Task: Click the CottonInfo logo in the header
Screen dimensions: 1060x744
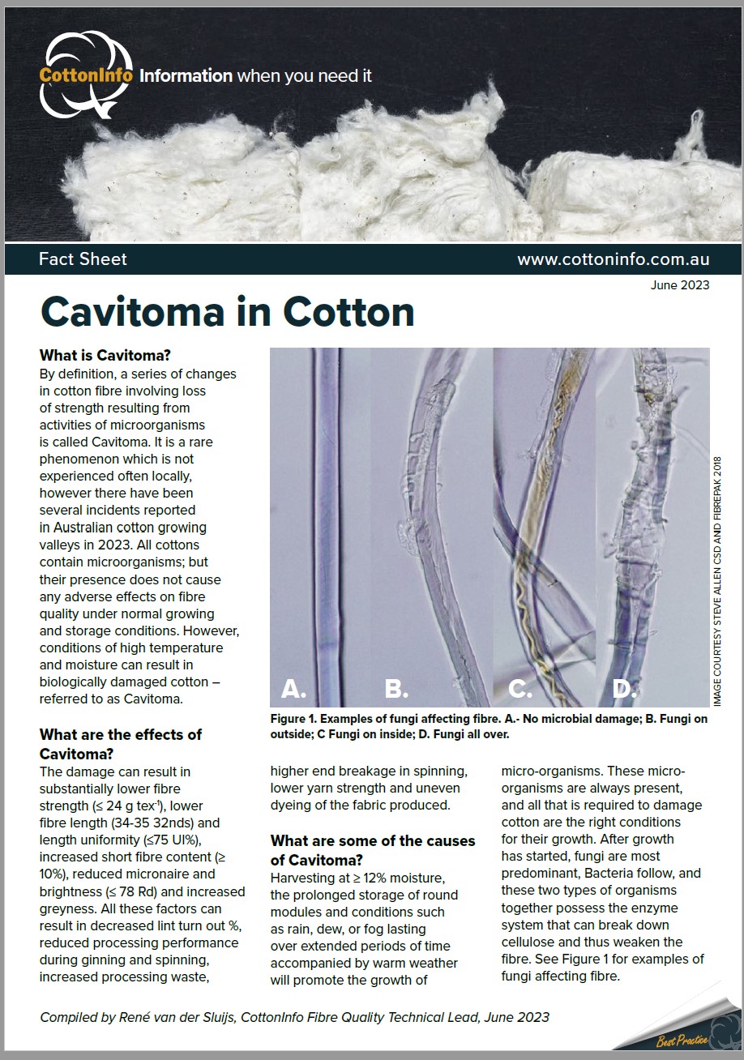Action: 86,75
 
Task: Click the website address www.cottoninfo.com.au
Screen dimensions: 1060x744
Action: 614,259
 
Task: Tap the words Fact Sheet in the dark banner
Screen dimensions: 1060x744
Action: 83,259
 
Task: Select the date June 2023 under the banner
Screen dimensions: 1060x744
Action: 679,284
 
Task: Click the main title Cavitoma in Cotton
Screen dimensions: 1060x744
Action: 227,312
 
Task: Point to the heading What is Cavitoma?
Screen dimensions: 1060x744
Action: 105,355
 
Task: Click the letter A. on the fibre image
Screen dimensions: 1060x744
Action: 293,689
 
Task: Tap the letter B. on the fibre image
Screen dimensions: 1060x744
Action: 396,689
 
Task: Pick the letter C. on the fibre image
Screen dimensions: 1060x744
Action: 520,689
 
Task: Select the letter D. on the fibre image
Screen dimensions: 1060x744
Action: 622,689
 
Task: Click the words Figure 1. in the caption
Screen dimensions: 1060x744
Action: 296,719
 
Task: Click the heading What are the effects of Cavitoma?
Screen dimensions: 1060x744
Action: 121,744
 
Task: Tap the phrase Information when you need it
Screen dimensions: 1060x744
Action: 255,76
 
